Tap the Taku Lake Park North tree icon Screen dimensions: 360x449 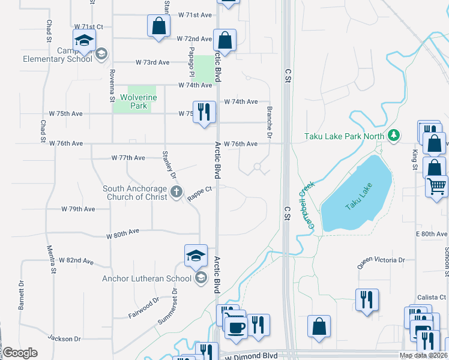point(394,136)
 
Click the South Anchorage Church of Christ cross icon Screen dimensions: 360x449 point(176,192)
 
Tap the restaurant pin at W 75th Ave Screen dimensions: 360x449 point(204,112)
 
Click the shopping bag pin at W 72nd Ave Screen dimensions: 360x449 point(224,41)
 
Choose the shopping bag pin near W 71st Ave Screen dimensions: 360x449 point(158,26)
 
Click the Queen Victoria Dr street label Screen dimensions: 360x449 point(381,260)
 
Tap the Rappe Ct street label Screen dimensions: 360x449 point(200,193)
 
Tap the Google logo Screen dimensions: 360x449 point(20,353)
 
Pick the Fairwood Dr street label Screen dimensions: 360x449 point(143,307)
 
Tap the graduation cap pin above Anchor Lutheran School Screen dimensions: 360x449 point(196,256)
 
